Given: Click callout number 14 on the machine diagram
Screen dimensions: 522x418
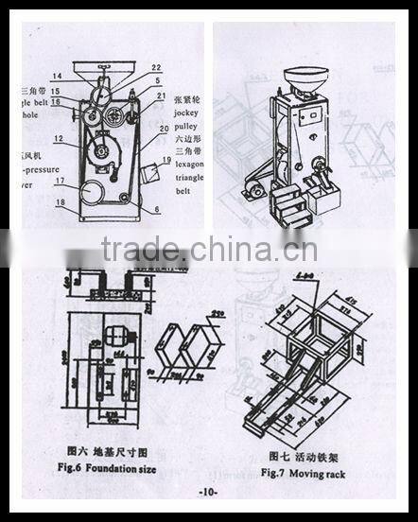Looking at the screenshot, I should click(57, 77).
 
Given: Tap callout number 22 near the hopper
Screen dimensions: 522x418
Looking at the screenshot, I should click(156, 66).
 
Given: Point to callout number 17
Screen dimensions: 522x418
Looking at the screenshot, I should click(59, 182).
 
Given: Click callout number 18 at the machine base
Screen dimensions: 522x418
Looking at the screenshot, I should click(59, 202).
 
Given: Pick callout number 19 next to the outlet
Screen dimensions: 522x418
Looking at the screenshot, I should click(168, 161).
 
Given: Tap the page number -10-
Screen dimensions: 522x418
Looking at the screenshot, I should click(209, 493).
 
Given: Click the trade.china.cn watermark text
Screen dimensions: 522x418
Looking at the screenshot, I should click(209, 251).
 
